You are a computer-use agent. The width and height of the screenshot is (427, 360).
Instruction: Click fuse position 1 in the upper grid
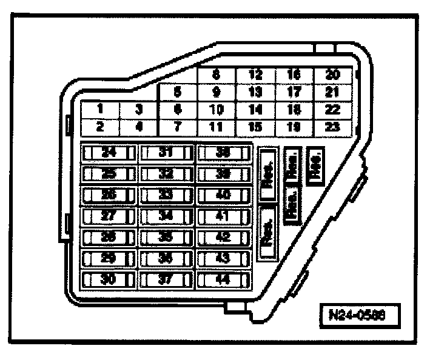coord(99,110)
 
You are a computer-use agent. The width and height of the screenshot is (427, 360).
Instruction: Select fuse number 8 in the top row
coord(216,75)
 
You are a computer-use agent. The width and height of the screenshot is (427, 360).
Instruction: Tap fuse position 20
coord(332,75)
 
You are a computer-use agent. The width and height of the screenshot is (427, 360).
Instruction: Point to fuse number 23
coord(332,127)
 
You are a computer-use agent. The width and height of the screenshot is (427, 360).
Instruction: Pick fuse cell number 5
coord(177,93)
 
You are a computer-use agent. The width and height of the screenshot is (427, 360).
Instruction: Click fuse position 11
coord(216,127)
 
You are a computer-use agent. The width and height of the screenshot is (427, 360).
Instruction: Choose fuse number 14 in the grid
coord(255,110)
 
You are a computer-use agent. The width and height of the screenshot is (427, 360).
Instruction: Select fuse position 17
coord(294,93)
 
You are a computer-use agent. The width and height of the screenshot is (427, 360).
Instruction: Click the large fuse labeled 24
coord(109,152)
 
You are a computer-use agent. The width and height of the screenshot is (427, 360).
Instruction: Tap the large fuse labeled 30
coord(109,279)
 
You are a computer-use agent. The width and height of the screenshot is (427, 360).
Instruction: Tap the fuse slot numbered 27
coord(109,216)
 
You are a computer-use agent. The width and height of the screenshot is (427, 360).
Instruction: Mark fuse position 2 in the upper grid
coord(99,127)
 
